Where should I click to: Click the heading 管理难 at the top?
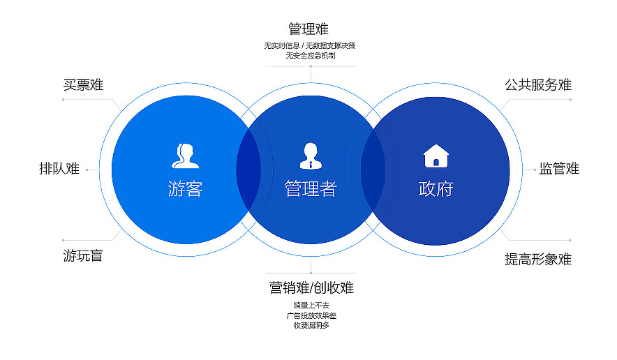pos(308,29)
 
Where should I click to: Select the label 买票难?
pos(83,85)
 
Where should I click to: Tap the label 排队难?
pos(59,168)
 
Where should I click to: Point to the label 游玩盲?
pos(83,256)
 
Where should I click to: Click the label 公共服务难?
pos(538,85)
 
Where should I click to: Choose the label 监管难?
pos(559,168)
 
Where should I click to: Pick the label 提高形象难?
pos(538,260)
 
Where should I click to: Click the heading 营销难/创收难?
pos(311,287)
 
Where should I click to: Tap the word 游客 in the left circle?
pos(185,189)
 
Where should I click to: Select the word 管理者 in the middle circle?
pos(311,189)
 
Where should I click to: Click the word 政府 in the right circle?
pos(436,189)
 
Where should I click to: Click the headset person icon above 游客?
pos(185,156)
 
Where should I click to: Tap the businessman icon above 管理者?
pos(311,156)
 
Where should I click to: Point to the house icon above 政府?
pos(436,156)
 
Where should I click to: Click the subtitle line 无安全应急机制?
pos(310,55)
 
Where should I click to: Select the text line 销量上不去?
pos(311,305)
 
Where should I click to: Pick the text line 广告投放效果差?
pos(311,315)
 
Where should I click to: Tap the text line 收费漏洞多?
pos(311,325)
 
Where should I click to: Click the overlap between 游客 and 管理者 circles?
pos(248,170)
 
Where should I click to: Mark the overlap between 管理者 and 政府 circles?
pos(373,170)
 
